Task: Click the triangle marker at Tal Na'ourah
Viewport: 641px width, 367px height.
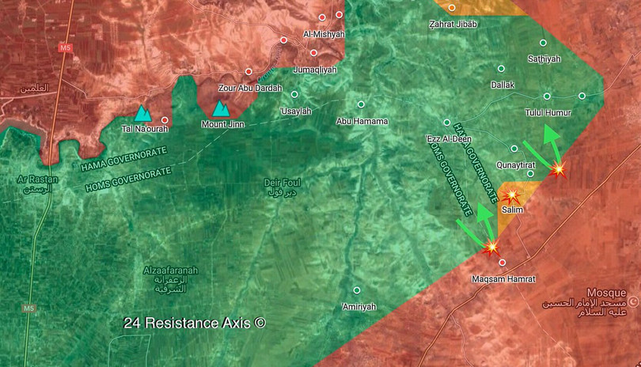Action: point(141,114)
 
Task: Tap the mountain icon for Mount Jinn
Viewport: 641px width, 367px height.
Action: point(220,108)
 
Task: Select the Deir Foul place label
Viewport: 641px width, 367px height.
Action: point(283,183)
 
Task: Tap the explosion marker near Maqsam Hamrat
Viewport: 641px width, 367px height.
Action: point(492,248)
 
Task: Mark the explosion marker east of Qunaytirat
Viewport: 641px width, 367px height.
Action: point(559,168)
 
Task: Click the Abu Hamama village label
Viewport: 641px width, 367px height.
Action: point(362,121)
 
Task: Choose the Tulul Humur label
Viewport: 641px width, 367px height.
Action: point(548,113)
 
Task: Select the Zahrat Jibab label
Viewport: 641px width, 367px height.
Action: point(453,25)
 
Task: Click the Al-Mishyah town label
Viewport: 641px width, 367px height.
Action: point(323,34)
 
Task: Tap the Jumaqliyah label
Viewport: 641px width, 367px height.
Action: point(314,70)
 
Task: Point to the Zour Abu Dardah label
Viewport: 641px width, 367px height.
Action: point(249,88)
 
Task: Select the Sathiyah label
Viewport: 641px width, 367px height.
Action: point(544,59)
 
